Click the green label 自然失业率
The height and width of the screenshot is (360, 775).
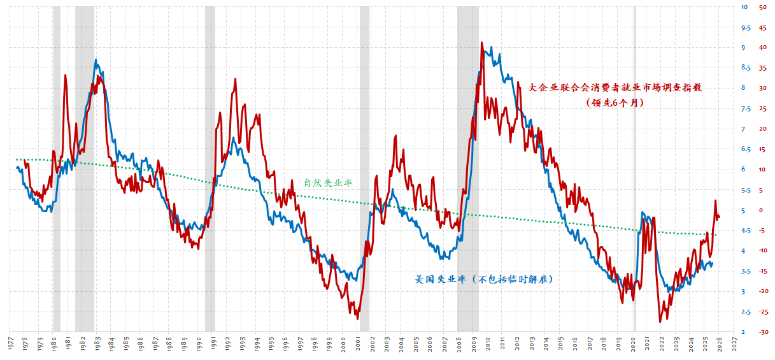point(327,183)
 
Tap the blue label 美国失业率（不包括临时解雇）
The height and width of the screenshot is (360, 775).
point(483,279)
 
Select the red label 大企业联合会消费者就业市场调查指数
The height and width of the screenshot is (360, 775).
point(615,88)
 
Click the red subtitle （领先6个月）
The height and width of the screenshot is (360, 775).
point(615,102)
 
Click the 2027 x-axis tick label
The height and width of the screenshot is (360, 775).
point(734,342)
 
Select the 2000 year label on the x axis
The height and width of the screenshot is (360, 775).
point(344,342)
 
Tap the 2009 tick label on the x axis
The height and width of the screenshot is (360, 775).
point(474,342)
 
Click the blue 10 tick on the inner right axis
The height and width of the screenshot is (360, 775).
point(744,7)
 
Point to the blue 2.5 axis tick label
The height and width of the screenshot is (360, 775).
point(744,312)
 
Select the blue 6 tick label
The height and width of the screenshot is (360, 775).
point(744,169)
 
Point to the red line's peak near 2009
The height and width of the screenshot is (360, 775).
point(481,43)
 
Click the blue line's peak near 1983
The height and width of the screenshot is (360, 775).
point(96,60)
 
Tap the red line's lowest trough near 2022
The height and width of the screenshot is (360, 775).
point(660,322)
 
